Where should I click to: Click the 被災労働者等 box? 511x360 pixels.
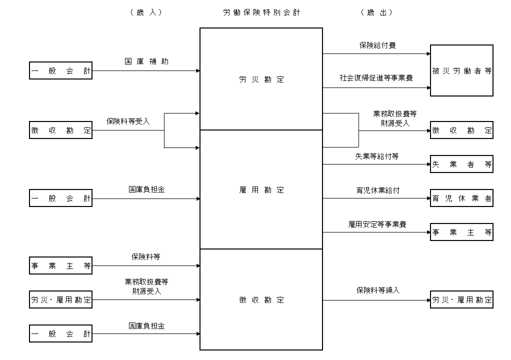point(461,70)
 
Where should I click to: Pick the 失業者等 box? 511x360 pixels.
point(461,164)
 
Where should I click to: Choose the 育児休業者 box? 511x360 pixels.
point(461,198)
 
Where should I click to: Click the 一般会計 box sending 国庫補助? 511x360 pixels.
point(61,71)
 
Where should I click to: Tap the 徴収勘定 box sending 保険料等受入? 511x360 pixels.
point(61,130)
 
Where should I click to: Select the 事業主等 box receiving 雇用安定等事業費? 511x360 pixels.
point(461,232)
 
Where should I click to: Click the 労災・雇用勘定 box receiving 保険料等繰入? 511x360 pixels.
point(461,300)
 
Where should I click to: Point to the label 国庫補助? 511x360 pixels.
point(146,61)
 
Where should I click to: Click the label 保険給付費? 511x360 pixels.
point(377,45)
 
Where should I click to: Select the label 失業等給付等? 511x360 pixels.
point(377,156)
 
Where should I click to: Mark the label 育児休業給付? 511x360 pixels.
point(377,190)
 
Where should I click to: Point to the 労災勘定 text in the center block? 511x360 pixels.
point(261,79)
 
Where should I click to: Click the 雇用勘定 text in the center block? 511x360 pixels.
point(261,190)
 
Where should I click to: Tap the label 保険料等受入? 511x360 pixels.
point(128,121)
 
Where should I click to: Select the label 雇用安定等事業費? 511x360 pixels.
point(377,224)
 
